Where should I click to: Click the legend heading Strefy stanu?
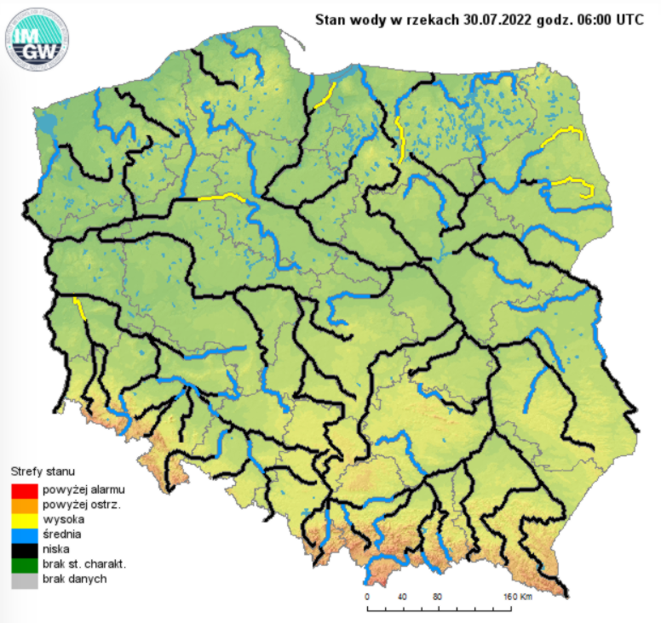click(42, 471)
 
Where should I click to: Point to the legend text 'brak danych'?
click(71, 579)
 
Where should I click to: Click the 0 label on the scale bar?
click(366, 596)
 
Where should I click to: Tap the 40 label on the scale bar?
click(402, 596)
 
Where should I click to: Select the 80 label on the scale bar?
click(437, 596)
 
